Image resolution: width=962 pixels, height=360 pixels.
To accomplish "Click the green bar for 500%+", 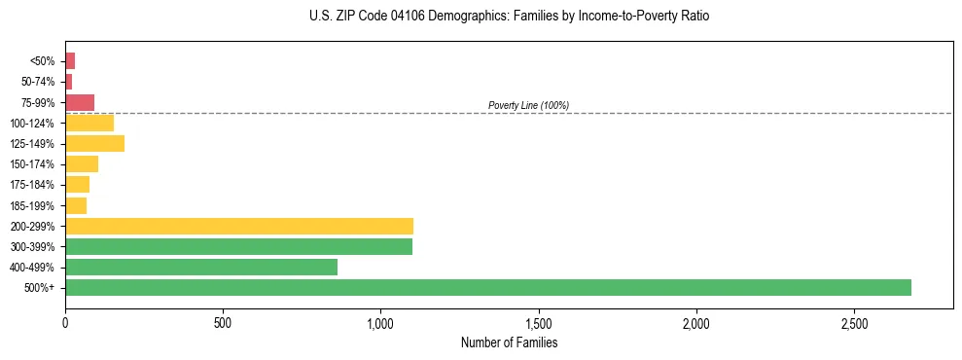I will click(487, 287).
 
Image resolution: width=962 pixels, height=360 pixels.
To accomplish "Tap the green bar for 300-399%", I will click(238, 246).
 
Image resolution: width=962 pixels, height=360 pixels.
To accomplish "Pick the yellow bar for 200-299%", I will click(238, 226).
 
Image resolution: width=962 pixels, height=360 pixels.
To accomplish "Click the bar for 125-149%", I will click(94, 144).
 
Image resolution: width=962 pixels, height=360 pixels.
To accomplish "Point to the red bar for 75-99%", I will click(80, 102).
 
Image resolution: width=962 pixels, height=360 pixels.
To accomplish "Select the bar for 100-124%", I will click(89, 123).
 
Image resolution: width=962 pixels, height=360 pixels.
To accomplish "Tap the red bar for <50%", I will click(70, 61).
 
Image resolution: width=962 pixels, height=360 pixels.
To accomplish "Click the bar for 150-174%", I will click(82, 163).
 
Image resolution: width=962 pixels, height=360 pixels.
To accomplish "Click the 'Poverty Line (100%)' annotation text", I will click(528, 105).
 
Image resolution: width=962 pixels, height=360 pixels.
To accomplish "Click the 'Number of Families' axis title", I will click(509, 342).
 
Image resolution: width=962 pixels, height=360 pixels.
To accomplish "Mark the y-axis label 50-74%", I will click(38, 82).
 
